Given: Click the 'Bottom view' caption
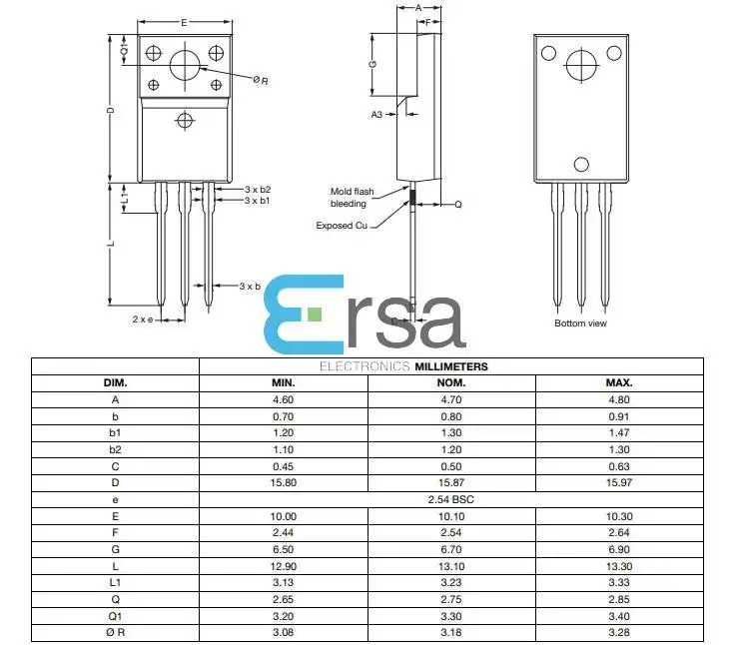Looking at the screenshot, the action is (x=580, y=323).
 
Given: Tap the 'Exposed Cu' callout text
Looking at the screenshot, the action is (x=342, y=226).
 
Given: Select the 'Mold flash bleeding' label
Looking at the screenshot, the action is (x=352, y=198).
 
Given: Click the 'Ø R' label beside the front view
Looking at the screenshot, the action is (x=261, y=80).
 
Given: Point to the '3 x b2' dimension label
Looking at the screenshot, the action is (x=258, y=190).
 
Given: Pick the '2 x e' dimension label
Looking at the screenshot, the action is (x=143, y=320).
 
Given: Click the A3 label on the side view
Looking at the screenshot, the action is (x=376, y=114).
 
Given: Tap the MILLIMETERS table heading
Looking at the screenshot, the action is (x=451, y=366).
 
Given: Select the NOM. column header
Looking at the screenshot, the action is (x=451, y=383).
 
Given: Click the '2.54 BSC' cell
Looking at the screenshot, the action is (x=450, y=499).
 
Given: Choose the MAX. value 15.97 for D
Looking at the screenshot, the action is (x=619, y=482).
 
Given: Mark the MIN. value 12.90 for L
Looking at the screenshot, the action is (x=283, y=566).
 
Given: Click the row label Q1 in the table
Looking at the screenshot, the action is (x=115, y=616).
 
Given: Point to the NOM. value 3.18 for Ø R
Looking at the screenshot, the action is (x=451, y=632).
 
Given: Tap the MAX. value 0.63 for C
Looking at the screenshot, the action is (x=619, y=466).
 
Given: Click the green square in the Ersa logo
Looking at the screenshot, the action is (x=315, y=315).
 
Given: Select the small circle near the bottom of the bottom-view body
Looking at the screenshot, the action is (x=581, y=165).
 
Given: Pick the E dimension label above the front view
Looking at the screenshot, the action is (x=184, y=22).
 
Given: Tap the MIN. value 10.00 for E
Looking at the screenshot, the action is (x=283, y=516).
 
